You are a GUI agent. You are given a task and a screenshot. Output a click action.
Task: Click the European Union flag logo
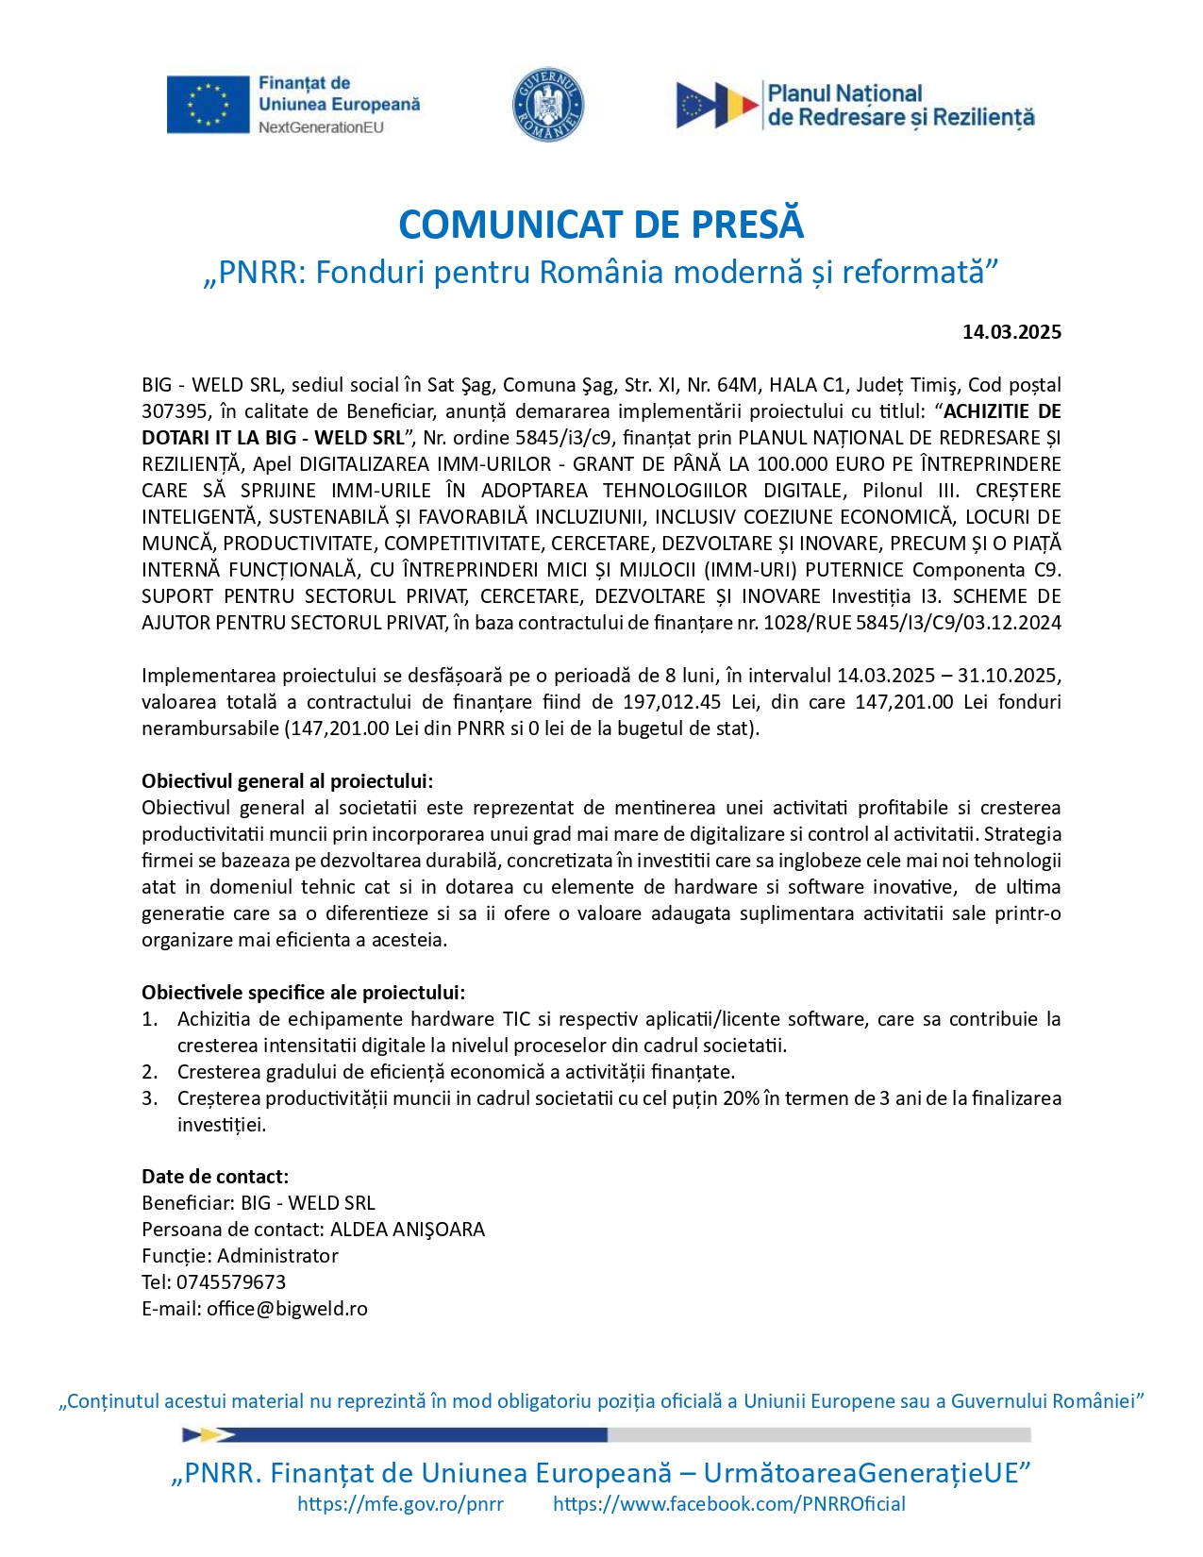click(x=208, y=104)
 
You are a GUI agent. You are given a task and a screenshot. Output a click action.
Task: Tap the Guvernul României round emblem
click(x=547, y=105)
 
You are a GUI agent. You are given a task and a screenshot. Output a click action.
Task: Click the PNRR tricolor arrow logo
click(x=717, y=105)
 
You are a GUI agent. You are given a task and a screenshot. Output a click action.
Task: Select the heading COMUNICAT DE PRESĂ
click(x=601, y=225)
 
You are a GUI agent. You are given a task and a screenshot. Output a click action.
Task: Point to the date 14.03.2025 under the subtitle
click(x=1011, y=332)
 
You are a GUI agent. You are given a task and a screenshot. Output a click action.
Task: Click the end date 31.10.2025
click(x=1009, y=676)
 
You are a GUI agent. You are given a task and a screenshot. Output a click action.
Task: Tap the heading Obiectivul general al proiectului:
click(x=287, y=781)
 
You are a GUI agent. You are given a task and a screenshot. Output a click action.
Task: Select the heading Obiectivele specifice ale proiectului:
click(x=303, y=993)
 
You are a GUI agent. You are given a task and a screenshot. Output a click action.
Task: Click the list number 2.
click(x=149, y=1072)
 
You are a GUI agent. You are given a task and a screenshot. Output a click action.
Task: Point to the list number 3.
click(x=149, y=1098)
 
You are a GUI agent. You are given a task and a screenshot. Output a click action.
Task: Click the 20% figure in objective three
click(x=742, y=1098)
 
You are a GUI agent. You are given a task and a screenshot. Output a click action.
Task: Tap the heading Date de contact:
click(x=215, y=1177)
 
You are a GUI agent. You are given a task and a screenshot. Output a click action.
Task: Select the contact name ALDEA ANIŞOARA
click(x=407, y=1230)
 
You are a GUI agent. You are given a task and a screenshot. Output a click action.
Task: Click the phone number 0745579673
click(x=231, y=1282)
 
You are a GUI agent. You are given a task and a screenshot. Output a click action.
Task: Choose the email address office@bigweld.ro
click(x=287, y=1309)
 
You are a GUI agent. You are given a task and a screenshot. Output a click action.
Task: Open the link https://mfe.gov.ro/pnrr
click(x=400, y=1504)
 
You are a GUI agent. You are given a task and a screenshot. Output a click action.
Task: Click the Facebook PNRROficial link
click(x=728, y=1504)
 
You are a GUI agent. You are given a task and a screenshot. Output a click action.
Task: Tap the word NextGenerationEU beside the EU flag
click(x=321, y=127)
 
